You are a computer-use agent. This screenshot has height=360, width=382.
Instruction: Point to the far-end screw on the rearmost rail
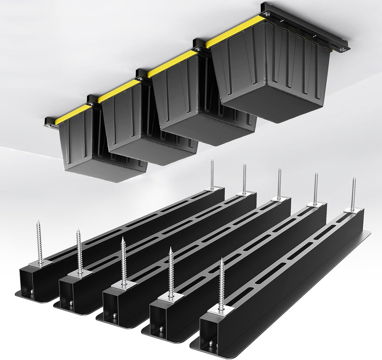point(212,174)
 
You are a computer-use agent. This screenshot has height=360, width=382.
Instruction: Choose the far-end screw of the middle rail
point(279,182)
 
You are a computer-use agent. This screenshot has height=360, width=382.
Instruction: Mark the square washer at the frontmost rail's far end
point(353,210)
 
